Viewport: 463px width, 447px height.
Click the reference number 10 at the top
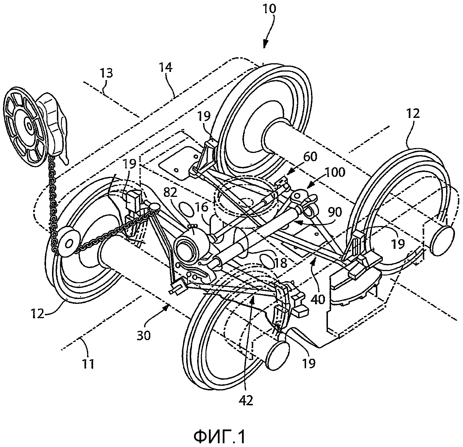[x=269, y=9]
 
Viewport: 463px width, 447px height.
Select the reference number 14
[x=166, y=68]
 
